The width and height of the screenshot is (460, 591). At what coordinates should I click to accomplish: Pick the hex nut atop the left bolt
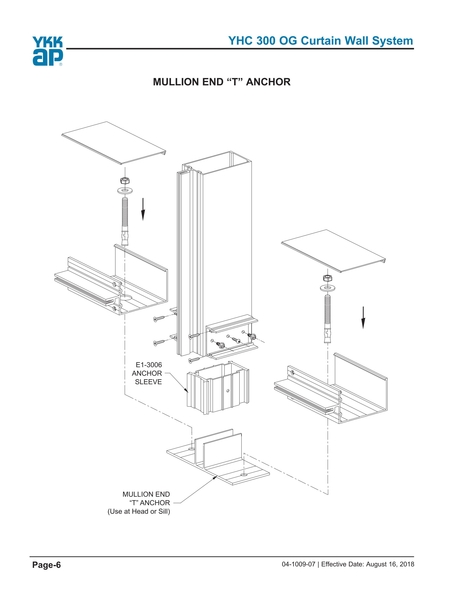[124, 181]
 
